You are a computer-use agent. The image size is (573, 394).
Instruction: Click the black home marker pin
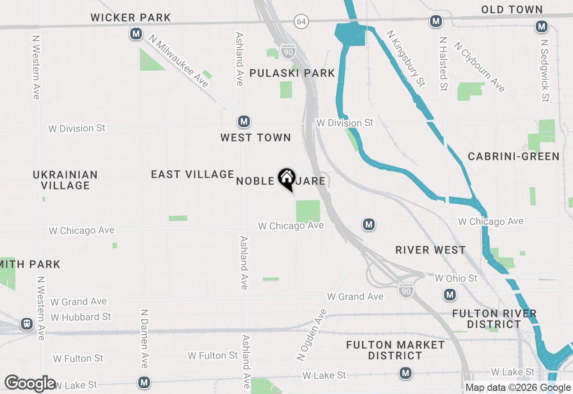[286, 179]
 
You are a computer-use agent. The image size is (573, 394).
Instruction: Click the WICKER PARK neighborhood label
[131, 18]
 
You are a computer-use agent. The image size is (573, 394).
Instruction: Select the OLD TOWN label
[512, 9]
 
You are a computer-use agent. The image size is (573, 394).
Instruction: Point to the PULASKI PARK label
[292, 73]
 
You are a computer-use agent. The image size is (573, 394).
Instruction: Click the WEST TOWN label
[256, 138]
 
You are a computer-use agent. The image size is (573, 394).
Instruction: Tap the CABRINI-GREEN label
[513, 156]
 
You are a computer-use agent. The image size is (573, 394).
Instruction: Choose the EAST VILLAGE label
[192, 174]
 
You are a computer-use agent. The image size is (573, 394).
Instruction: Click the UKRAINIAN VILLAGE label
[65, 180]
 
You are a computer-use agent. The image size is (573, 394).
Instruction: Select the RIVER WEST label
[431, 250]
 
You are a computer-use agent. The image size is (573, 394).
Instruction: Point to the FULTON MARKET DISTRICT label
[396, 350]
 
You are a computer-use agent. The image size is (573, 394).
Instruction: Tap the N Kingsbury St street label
[406, 58]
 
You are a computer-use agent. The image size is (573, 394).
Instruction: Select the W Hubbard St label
[81, 317]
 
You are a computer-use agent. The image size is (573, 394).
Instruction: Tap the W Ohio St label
[456, 278]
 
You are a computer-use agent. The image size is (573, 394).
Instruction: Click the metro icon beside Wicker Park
[136, 34]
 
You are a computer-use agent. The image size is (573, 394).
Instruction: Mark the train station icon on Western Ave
[27, 324]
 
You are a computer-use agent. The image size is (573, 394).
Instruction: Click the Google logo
[30, 383]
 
